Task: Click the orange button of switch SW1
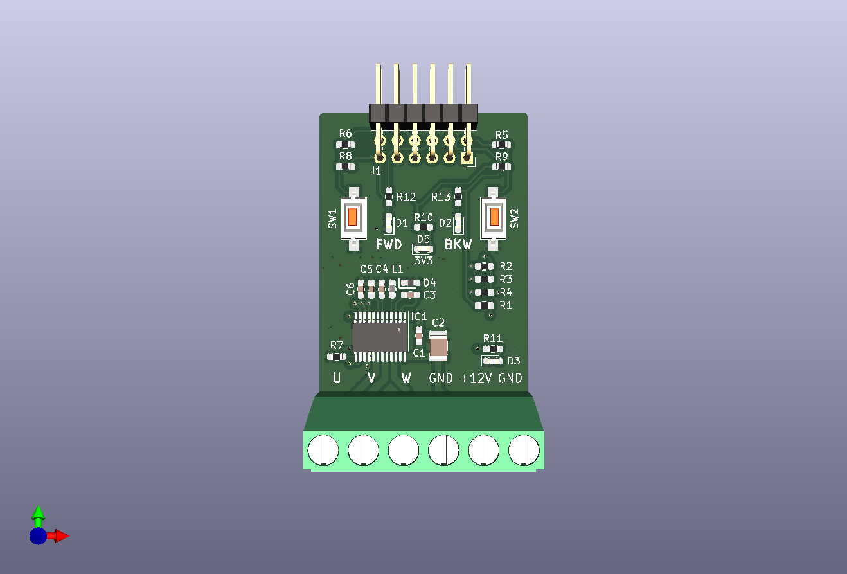point(352,217)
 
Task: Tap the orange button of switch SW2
point(494,217)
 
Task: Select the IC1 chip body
point(379,337)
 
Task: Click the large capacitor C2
point(438,346)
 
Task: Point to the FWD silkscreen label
point(389,245)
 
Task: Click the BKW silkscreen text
point(458,245)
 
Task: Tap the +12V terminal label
point(476,378)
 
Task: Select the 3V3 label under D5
point(423,260)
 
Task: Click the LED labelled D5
point(423,249)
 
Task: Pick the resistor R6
point(345,145)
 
